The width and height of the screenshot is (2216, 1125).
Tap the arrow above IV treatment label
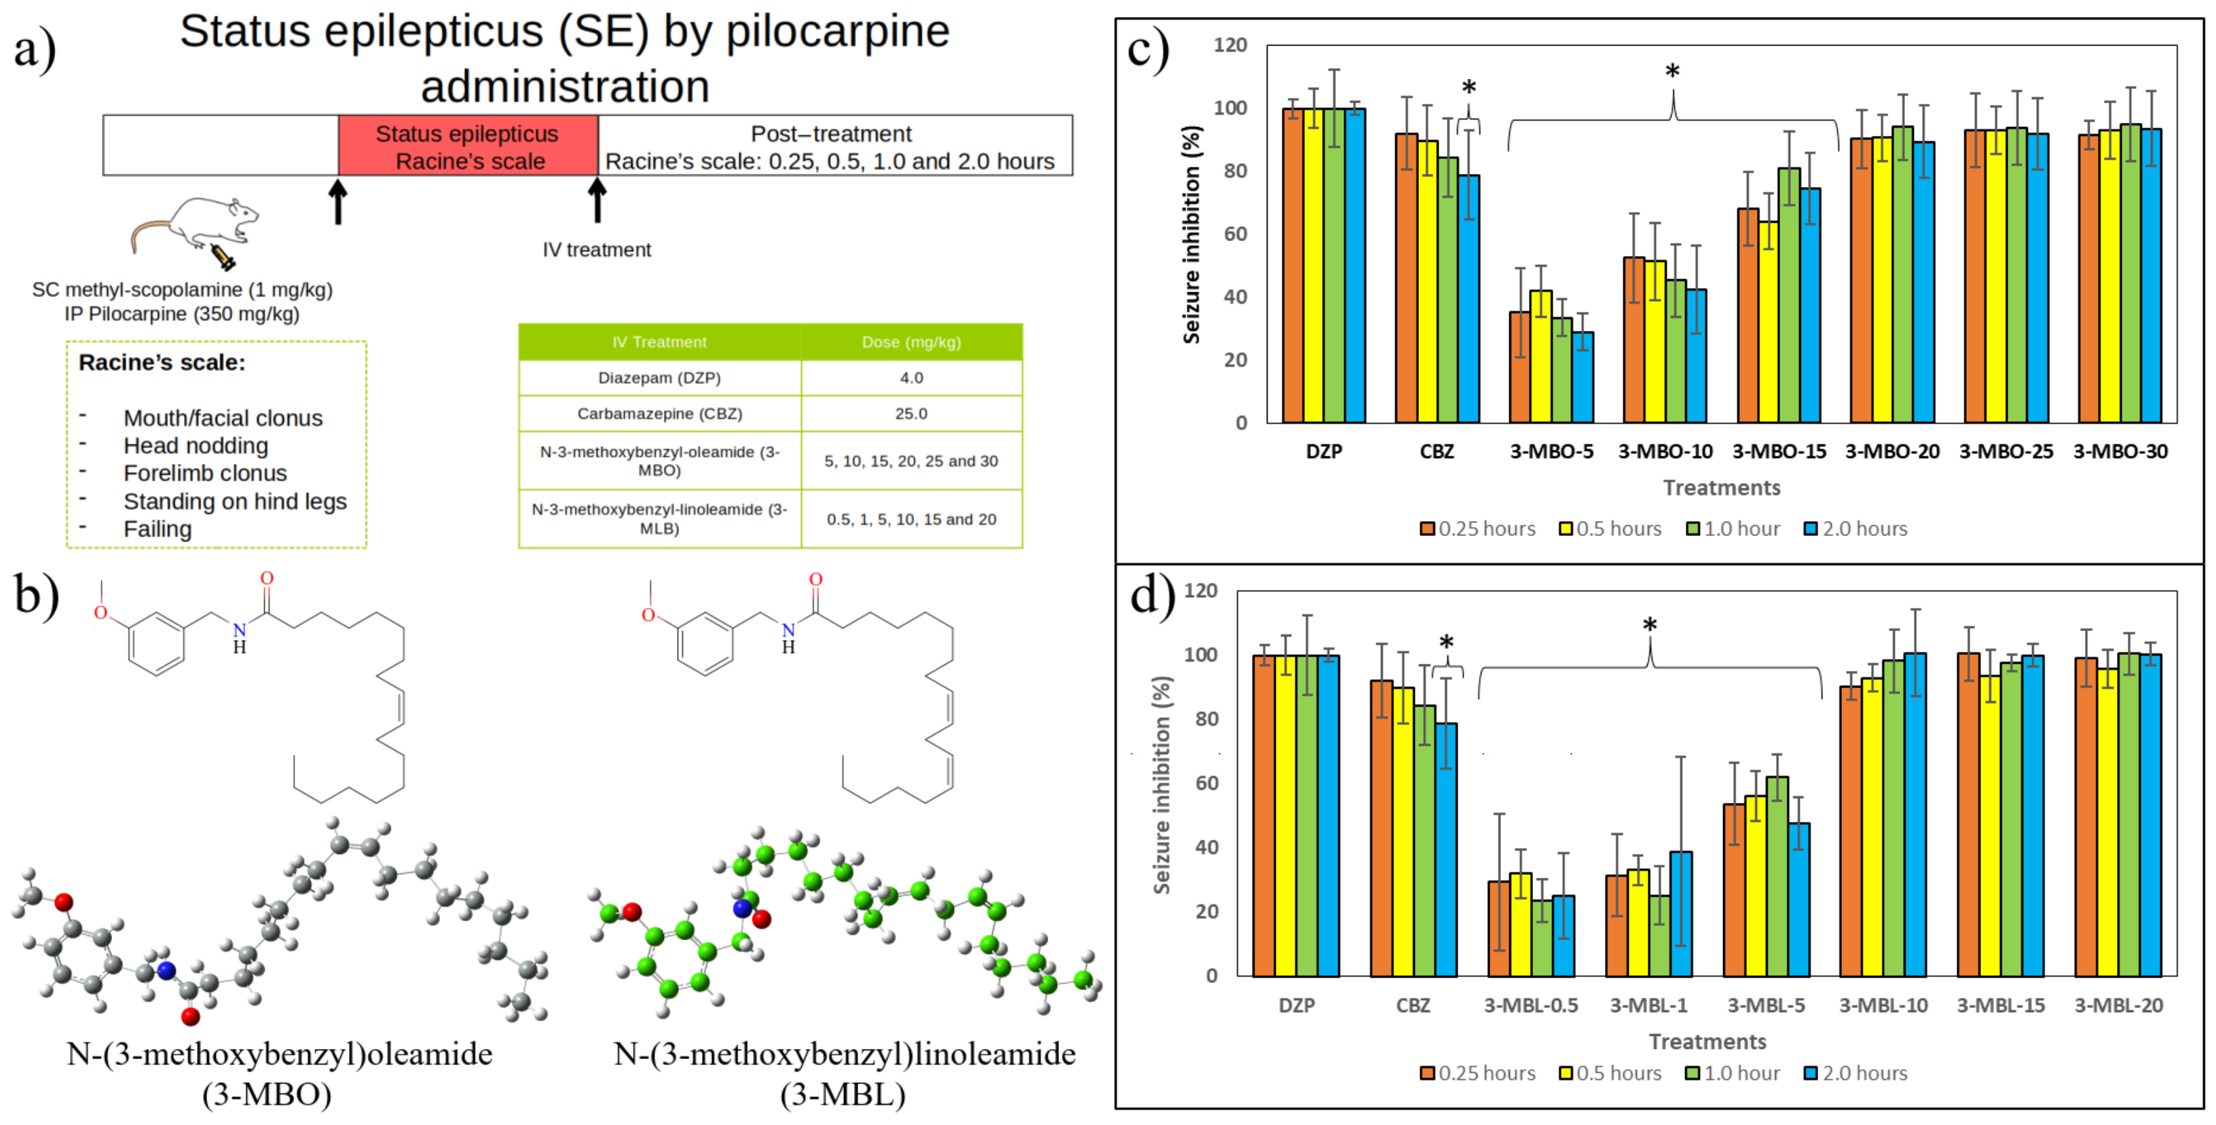click(x=596, y=200)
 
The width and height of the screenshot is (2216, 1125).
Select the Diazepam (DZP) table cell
click(x=659, y=378)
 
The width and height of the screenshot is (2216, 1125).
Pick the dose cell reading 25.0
click(x=911, y=414)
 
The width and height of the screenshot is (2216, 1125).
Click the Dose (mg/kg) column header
click(x=911, y=342)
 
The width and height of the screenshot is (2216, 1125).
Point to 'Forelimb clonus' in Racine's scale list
click(x=205, y=474)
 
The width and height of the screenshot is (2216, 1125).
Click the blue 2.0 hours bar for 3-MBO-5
click(x=1583, y=378)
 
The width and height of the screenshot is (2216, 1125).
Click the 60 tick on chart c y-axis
click(x=1236, y=234)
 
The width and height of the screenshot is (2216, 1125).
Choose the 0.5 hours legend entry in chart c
click(x=1610, y=529)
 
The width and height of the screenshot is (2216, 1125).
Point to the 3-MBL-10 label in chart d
click(x=1883, y=1005)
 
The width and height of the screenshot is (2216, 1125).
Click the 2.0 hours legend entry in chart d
click(x=1855, y=1073)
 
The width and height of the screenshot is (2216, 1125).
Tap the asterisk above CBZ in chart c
click(x=1469, y=88)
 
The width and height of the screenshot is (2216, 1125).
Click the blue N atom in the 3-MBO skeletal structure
click(x=239, y=630)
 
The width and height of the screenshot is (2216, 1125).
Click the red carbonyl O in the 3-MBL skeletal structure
click(x=815, y=579)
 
